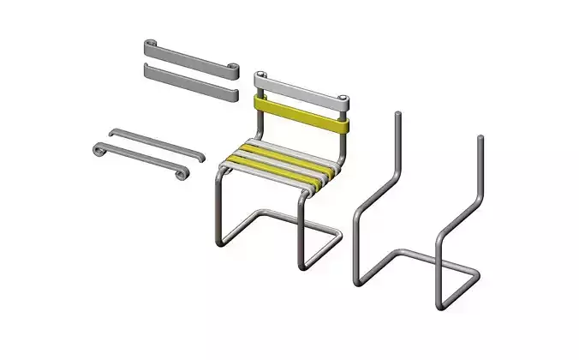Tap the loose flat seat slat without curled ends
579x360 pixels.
(x=155, y=143)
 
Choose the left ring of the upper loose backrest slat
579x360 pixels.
(x=150, y=43)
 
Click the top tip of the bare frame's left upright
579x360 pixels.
(x=396, y=114)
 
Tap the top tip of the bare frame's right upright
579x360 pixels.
(x=481, y=138)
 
